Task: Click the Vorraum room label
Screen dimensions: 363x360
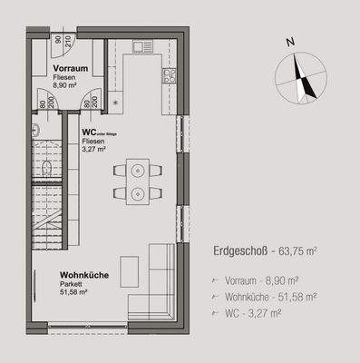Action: (70, 69)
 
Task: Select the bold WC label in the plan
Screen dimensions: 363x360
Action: (90, 132)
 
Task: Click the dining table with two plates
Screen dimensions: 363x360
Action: (138, 181)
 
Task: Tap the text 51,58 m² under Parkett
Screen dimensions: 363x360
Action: (73, 291)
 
